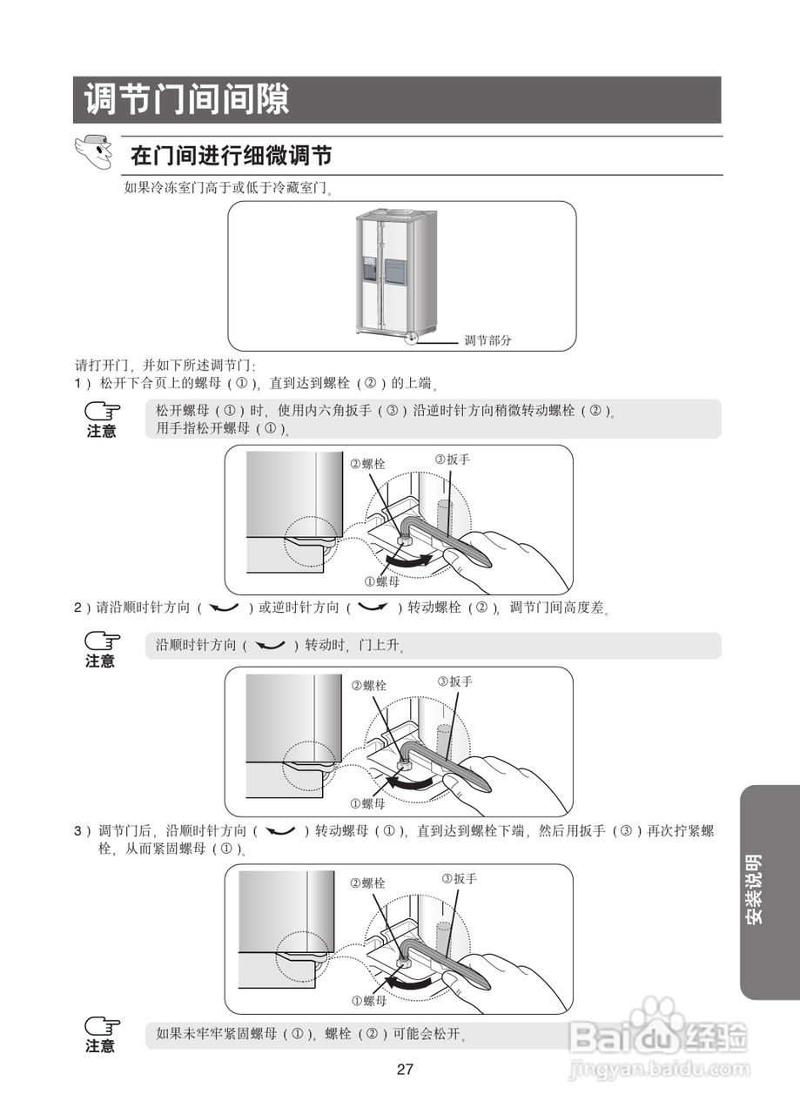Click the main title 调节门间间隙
pyautogui.click(x=186, y=100)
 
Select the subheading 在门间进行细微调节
pyautogui.click(x=231, y=156)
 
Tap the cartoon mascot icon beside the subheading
pyautogui.click(x=94, y=152)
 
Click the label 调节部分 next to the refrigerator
pyautogui.click(x=487, y=340)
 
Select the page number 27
pyautogui.click(x=405, y=1070)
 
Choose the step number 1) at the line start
pyautogui.click(x=81, y=383)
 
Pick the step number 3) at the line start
pyautogui.click(x=81, y=831)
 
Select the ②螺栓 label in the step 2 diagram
pyautogui.click(x=368, y=686)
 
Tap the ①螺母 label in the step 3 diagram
pyautogui.click(x=368, y=1002)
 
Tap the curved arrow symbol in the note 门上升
pyautogui.click(x=271, y=646)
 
